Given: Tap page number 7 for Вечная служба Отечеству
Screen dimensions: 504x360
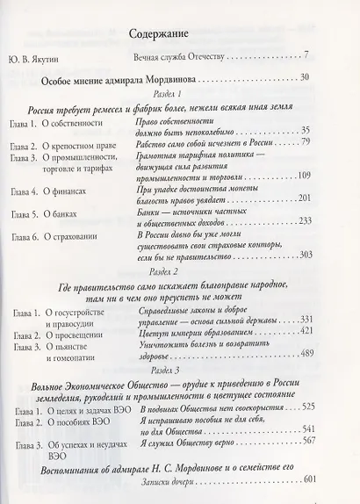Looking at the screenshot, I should click(x=305, y=56).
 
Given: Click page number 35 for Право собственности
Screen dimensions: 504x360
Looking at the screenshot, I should click(x=305, y=131).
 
